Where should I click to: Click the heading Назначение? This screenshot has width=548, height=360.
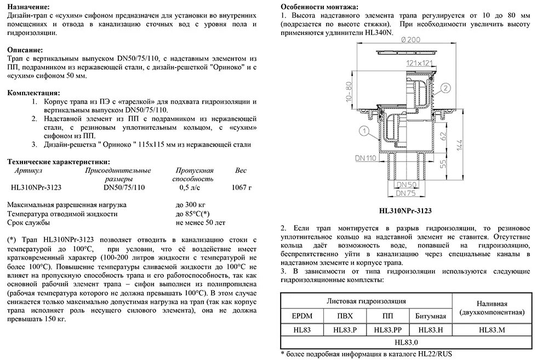point(31,7)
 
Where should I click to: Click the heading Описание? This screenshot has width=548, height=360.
point(26,48)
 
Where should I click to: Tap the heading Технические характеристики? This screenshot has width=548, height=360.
point(58,161)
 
